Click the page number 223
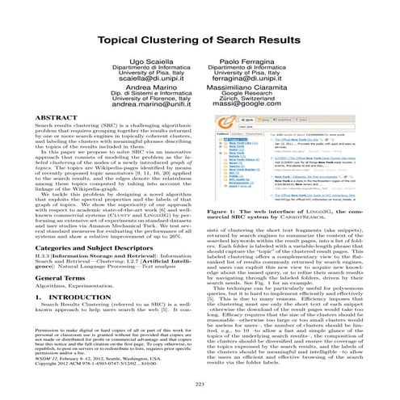click(x=200, y=382)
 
